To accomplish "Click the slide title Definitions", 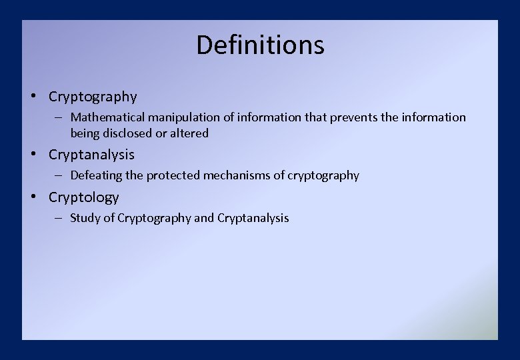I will (260, 45).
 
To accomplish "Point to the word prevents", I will (353, 117).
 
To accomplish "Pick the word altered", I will (189, 133).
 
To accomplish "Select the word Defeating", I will (97, 176).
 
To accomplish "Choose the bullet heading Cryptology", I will (83, 197).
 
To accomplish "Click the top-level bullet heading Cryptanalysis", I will (91, 155).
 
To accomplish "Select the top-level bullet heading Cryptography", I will (93, 97).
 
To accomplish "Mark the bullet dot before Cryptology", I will (33, 197).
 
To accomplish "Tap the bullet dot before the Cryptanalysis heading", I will (33, 155).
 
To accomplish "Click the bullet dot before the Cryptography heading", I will (33, 97).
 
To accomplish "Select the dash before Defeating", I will (59, 176).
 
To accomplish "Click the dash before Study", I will (59, 218).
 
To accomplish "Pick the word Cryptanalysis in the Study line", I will (253, 218).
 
